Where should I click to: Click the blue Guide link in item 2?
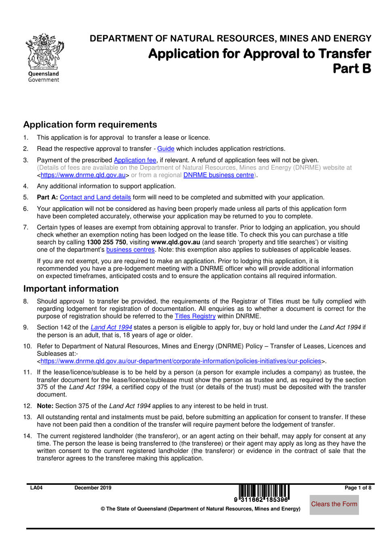point(166,149)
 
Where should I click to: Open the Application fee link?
point(135,160)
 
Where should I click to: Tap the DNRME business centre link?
point(219,175)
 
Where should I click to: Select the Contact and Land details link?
point(95,197)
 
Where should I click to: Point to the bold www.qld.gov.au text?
point(175,242)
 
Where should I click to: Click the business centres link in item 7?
point(130,250)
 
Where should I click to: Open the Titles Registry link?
point(195,316)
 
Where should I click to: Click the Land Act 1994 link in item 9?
point(111,328)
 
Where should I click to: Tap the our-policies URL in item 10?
point(181,361)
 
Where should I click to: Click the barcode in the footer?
point(264,493)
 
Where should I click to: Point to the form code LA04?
point(36,488)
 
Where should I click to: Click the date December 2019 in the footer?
point(93,488)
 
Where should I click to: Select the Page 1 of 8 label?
point(358,488)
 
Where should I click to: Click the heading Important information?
point(71,289)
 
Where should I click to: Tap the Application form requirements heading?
point(90,125)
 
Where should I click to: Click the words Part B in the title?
point(352,69)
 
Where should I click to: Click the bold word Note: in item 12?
point(45,406)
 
